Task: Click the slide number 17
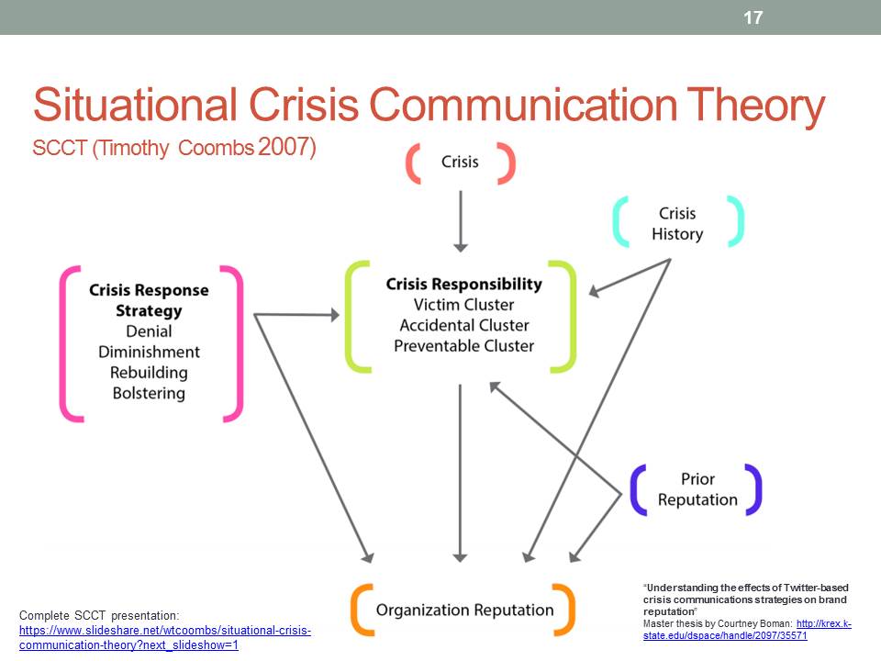[x=753, y=17]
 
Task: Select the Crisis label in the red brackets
[x=460, y=162]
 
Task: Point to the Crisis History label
[x=677, y=223]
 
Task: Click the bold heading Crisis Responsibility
[x=463, y=284]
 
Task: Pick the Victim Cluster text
[x=463, y=305]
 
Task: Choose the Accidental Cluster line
[x=463, y=325]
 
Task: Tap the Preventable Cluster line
[x=463, y=346]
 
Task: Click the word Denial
[x=149, y=331]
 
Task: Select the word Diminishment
[x=149, y=352]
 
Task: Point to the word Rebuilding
[x=149, y=373]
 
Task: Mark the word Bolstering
[x=149, y=394]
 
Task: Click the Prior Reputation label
[x=697, y=489]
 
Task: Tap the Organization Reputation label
[x=465, y=610]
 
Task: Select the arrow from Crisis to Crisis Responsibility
[x=461, y=220]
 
